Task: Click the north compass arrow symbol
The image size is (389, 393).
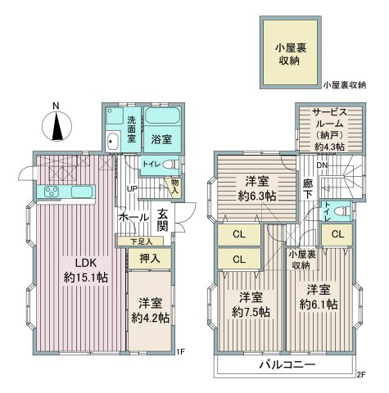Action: tap(55, 126)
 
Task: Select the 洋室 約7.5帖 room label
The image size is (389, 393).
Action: tap(247, 303)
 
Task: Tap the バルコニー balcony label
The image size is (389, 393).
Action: tap(287, 364)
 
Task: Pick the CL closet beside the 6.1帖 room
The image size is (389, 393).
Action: tap(337, 235)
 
